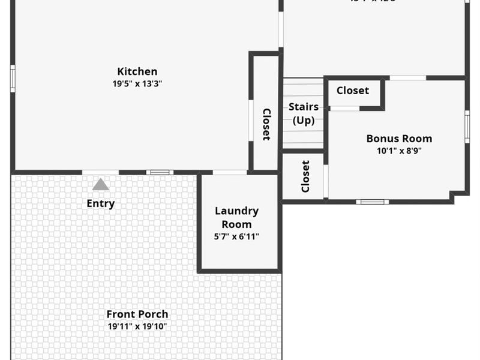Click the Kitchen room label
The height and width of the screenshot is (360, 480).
tap(137, 71)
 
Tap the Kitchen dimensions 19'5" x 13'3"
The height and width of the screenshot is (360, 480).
tap(137, 84)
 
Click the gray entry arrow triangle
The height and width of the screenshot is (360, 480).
tap(100, 184)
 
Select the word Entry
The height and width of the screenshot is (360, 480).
tap(100, 203)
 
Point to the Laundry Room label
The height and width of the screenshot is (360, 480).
tap(236, 217)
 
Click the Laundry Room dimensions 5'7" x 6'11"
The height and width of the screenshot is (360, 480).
tap(236, 236)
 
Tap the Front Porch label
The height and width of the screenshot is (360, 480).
tap(137, 314)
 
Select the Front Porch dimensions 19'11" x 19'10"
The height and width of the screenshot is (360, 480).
tap(137, 327)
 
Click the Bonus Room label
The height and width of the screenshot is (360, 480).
tap(399, 138)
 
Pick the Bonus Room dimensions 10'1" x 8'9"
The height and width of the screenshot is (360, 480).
tap(399, 151)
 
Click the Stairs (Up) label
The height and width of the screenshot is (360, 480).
tap(304, 113)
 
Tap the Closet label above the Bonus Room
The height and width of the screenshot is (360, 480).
tap(352, 91)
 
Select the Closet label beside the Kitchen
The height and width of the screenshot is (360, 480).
tap(266, 124)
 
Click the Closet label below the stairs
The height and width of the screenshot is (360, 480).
tap(305, 176)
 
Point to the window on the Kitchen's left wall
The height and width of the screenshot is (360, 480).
tap(13, 79)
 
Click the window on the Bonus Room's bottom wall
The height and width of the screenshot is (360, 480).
tap(372, 202)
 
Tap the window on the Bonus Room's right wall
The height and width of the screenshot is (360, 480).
tap(467, 127)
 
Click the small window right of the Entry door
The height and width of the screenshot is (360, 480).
tap(160, 173)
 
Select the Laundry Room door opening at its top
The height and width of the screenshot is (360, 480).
tap(229, 173)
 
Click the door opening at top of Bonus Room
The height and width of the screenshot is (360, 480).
tap(408, 78)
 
